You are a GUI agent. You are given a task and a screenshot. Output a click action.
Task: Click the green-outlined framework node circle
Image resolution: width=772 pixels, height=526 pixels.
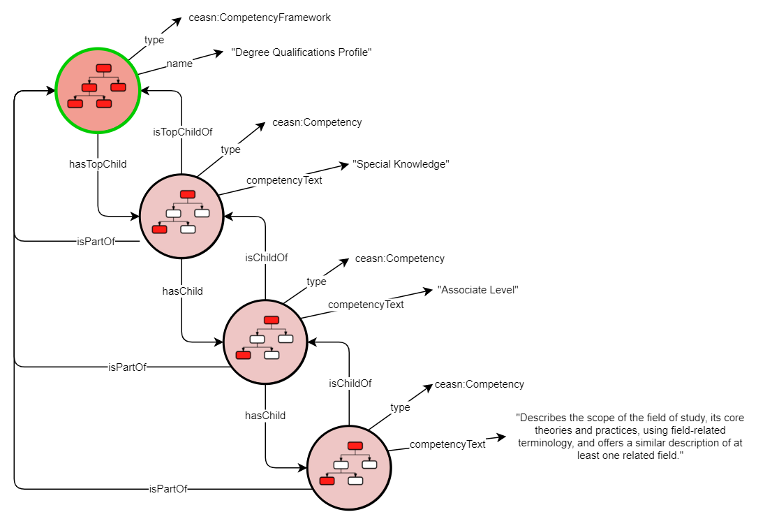click(x=98, y=90)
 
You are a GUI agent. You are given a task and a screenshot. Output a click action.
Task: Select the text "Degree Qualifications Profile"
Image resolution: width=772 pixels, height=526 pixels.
click(x=301, y=52)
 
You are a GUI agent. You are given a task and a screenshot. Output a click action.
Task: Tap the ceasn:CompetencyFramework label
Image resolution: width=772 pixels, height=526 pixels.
click(x=259, y=17)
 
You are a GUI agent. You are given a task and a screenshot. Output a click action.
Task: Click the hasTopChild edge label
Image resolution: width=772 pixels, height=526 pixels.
click(x=97, y=163)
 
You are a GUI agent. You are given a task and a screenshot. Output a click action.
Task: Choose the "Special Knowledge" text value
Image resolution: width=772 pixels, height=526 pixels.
click(x=401, y=164)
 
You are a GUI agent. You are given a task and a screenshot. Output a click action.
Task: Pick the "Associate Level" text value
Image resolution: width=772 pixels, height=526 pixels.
click(x=477, y=290)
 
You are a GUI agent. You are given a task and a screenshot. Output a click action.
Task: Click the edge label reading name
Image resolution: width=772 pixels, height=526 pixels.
click(x=179, y=64)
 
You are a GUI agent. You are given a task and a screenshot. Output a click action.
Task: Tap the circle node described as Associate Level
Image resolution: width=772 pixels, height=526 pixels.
click(x=265, y=342)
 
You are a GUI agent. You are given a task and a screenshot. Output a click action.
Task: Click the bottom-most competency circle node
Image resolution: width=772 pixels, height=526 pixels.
click(x=348, y=467)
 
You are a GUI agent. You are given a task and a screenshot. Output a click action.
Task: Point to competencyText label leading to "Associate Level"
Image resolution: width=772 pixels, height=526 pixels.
click(x=366, y=305)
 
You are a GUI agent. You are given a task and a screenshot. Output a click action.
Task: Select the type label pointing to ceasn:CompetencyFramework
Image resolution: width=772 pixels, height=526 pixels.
click(x=154, y=40)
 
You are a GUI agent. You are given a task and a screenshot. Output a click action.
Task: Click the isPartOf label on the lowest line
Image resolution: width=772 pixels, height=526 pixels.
click(x=168, y=489)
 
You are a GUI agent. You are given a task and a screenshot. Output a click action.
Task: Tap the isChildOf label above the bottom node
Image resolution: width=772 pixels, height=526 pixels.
click(x=350, y=383)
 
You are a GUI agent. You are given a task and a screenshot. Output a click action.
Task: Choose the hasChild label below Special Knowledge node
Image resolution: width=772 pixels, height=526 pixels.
click(x=182, y=291)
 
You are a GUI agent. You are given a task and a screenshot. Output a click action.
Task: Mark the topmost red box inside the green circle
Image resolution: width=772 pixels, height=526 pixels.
click(x=103, y=68)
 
